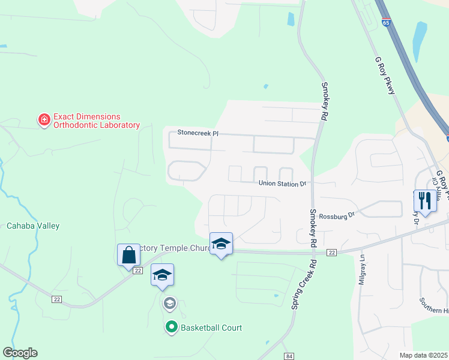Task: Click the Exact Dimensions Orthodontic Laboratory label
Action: coord(96,121)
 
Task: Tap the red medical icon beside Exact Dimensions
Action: coord(44,121)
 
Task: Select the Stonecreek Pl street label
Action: coord(197,133)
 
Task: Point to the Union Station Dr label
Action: coord(282,184)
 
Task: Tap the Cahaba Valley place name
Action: coord(33,226)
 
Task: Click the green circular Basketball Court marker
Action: coord(171,328)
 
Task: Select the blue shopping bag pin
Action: coord(128,255)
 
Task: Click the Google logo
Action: coord(20,353)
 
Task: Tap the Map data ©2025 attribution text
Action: coord(424,355)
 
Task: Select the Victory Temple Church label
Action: coord(175,248)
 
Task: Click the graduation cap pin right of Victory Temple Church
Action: coord(221,244)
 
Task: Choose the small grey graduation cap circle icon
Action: coord(169,303)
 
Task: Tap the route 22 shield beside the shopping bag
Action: coord(138,271)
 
